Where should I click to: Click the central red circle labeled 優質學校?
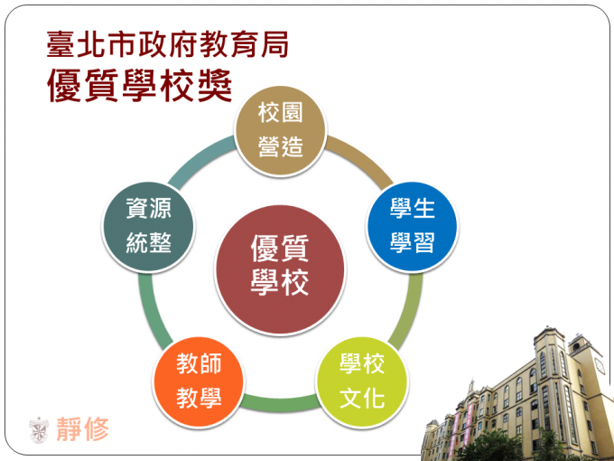(280, 270)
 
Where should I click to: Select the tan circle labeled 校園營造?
(281, 130)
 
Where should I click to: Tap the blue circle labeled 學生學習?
(413, 227)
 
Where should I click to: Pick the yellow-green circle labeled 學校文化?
(362, 381)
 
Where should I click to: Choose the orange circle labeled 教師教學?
(199, 381)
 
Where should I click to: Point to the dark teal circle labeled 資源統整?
(148, 227)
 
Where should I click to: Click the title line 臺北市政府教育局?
(168, 44)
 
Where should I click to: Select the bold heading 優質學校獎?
(140, 86)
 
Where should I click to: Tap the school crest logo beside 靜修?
(39, 429)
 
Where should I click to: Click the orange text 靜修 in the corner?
(83, 428)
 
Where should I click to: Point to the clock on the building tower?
(600, 366)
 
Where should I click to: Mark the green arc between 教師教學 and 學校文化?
(281, 403)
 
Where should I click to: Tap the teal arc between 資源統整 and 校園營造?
(199, 159)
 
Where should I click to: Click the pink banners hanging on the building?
(460, 428)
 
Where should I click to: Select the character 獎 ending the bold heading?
(215, 86)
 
